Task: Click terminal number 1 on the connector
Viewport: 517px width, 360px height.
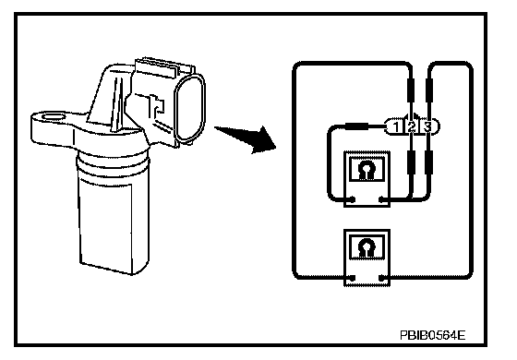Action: point(396,127)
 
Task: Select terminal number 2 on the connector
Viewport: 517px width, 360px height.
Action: point(411,127)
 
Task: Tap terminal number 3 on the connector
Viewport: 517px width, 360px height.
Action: point(427,127)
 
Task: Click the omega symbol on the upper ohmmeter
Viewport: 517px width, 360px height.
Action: point(367,170)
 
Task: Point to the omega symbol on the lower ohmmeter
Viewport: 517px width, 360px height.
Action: point(367,247)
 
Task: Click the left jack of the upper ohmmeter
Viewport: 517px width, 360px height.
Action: point(352,199)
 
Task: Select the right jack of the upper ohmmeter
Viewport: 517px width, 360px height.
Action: point(381,199)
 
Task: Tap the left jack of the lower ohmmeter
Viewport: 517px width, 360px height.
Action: point(352,278)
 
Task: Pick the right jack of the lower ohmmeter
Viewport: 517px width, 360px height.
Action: point(381,278)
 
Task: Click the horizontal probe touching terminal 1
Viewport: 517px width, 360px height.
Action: point(356,126)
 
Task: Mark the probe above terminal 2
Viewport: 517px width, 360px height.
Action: point(411,90)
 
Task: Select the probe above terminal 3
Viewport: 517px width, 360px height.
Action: point(428,90)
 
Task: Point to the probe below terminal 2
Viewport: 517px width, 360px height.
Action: point(411,162)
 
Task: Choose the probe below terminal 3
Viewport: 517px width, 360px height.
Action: point(428,162)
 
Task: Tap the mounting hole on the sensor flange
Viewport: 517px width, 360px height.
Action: point(54,117)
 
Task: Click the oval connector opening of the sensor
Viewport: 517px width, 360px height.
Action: point(189,108)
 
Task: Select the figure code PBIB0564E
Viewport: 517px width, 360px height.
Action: point(433,335)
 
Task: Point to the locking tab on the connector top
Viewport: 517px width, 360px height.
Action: point(155,68)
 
